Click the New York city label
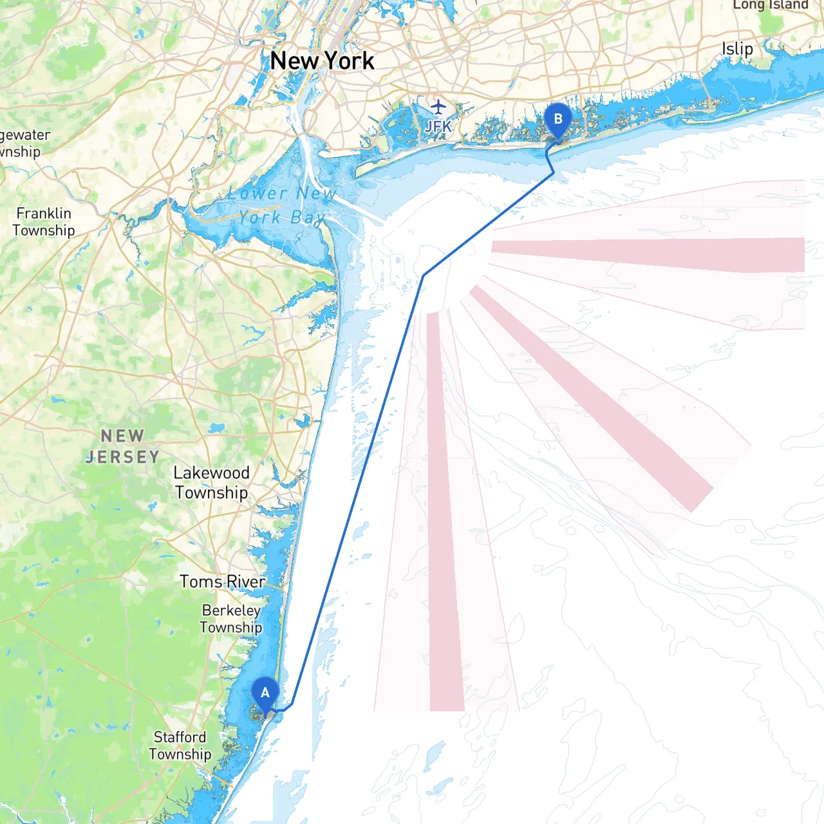[322, 61]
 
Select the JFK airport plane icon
[438, 106]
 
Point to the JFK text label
[438, 126]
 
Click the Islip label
[737, 49]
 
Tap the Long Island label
[770, 5]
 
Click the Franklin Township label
[44, 222]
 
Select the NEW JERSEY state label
[122, 447]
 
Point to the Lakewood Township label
[212, 483]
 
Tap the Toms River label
[223, 582]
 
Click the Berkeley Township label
[231, 619]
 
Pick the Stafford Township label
[180, 745]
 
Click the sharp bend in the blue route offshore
[423, 276]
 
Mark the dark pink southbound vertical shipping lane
[445, 515]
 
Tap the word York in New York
[349, 61]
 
